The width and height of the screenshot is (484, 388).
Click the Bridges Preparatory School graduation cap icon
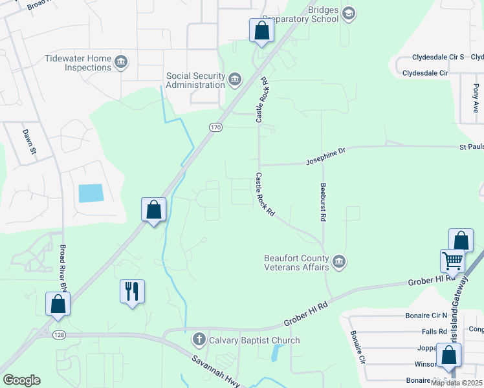coord(349,14)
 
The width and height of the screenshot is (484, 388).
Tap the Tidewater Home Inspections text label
coord(78,63)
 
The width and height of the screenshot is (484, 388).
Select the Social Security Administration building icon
coord(235,80)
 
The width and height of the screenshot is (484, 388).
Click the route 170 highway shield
coord(215,128)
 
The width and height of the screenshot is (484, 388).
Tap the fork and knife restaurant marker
coord(133,292)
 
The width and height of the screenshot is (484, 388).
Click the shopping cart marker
coord(452,262)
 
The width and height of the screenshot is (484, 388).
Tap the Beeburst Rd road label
coord(322,202)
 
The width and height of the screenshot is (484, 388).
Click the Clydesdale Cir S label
coord(429,57)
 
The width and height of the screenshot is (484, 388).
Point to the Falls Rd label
coord(434,331)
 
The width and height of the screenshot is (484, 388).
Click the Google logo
coord(21,380)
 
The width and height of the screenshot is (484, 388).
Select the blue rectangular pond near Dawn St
coord(91,193)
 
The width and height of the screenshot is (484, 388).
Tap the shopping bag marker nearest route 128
coord(58,305)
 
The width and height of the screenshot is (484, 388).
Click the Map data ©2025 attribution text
coord(457,383)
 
